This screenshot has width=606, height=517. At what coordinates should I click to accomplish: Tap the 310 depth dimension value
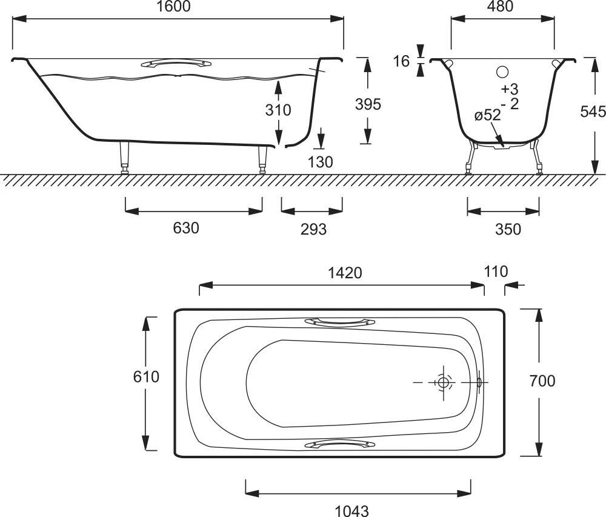(278, 110)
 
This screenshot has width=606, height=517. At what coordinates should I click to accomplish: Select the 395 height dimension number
(368, 104)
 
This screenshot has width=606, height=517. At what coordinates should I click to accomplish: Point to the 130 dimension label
(321, 162)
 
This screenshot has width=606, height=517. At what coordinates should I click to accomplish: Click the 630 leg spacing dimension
(186, 228)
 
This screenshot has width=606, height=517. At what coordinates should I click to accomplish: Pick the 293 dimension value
(314, 229)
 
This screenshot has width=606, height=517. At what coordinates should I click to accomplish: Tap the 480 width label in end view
(500, 7)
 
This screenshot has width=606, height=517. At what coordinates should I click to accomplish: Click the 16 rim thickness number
(401, 61)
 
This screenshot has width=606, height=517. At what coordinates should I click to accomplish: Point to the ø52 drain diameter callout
(487, 115)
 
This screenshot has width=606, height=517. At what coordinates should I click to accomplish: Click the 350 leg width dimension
(508, 229)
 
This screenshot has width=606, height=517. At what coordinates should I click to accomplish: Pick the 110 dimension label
(496, 271)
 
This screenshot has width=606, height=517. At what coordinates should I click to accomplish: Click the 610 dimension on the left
(146, 377)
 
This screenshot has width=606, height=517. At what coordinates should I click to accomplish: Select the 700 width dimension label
(542, 381)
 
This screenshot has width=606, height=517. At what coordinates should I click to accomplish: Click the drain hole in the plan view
(444, 382)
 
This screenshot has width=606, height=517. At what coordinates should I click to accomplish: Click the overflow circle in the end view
(502, 72)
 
